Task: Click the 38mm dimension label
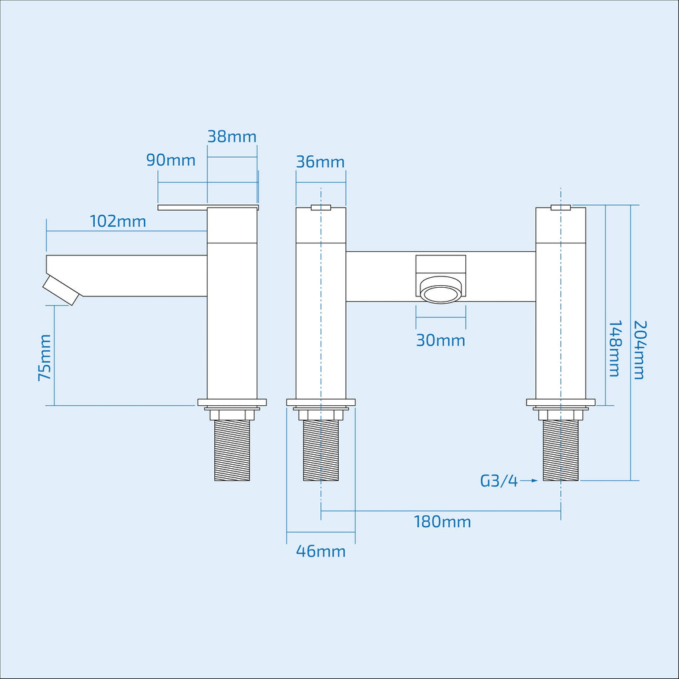pyautogui.click(x=231, y=137)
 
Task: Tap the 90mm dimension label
pyautogui.click(x=170, y=160)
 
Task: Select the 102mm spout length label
pyautogui.click(x=118, y=221)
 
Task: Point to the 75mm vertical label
pyautogui.click(x=44, y=357)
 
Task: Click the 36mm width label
pyautogui.click(x=320, y=162)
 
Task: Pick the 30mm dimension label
pyautogui.click(x=440, y=340)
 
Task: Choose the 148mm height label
pyautogui.click(x=615, y=349)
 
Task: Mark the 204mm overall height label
pyautogui.click(x=639, y=350)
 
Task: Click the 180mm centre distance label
pyautogui.click(x=442, y=522)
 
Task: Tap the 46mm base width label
pyautogui.click(x=321, y=551)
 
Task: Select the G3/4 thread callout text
pyautogui.click(x=499, y=481)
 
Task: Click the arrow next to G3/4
pyautogui.click(x=528, y=481)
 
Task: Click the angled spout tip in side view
pyautogui.click(x=62, y=290)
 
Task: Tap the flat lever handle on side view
pyautogui.click(x=208, y=208)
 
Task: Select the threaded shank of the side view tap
pyautogui.click(x=232, y=450)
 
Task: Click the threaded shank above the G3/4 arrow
pyautogui.click(x=560, y=450)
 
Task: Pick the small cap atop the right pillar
pyautogui.click(x=560, y=208)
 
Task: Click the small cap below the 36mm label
pyautogui.click(x=321, y=208)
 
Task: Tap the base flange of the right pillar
pyautogui.click(x=560, y=402)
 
